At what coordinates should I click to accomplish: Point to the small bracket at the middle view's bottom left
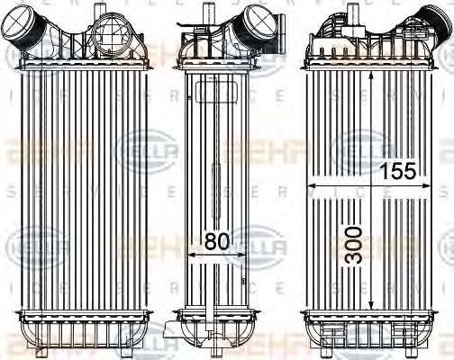(170, 334)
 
